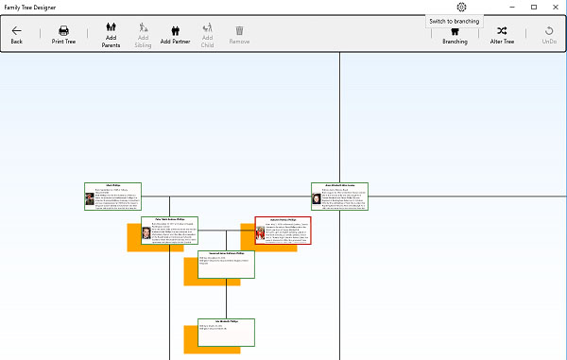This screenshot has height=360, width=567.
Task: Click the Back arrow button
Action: tap(16, 35)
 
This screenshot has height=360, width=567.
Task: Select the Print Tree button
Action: tap(63, 35)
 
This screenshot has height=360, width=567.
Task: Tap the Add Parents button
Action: tap(111, 35)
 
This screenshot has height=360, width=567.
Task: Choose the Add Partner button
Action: tap(176, 35)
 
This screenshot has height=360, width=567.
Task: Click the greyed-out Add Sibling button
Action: tap(144, 35)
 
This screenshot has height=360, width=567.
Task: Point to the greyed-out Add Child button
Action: tap(207, 35)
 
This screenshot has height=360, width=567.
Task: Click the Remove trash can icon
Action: tap(240, 35)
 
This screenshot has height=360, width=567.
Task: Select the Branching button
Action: tap(455, 35)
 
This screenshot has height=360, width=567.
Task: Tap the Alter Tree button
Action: tap(502, 35)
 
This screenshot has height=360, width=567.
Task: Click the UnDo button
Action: tap(549, 35)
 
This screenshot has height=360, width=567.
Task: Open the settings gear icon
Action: tap(461, 7)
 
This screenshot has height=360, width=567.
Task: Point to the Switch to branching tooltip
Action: tap(454, 21)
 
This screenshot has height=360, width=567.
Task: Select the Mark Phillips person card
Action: tap(112, 197)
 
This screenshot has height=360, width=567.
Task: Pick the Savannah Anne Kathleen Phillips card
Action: tap(226, 266)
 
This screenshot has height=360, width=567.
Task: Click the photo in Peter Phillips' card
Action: tap(146, 232)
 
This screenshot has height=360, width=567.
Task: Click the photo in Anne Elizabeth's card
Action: tap(317, 198)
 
